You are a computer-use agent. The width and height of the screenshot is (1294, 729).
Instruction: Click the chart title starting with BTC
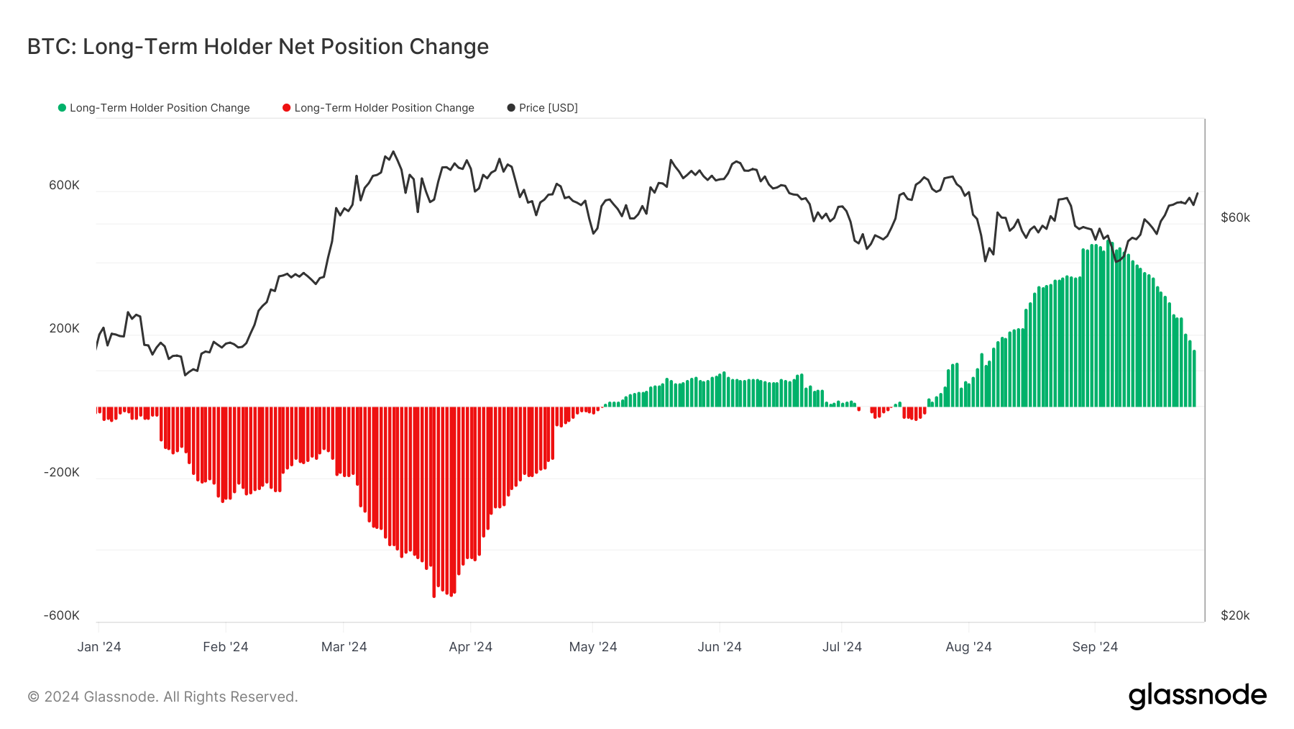(x=257, y=47)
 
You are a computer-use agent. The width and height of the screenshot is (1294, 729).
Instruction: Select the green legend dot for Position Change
(x=63, y=108)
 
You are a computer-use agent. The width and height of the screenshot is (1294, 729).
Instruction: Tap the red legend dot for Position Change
(x=287, y=108)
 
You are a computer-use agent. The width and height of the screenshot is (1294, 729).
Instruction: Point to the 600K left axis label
(x=64, y=185)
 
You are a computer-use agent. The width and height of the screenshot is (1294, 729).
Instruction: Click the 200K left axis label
(x=64, y=328)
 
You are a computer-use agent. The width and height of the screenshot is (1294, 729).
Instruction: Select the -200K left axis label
(x=62, y=472)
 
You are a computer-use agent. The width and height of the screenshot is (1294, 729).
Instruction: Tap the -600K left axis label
(x=62, y=615)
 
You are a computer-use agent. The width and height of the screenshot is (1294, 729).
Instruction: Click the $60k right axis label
(x=1235, y=217)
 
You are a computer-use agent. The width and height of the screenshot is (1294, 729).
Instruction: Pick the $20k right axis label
(x=1235, y=615)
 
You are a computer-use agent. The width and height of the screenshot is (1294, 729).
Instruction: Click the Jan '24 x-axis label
(x=99, y=646)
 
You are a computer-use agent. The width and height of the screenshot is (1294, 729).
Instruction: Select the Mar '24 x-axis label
(x=344, y=646)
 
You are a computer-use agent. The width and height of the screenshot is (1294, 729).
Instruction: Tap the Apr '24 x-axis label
(x=470, y=646)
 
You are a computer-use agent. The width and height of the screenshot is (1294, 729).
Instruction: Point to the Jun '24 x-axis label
(x=719, y=646)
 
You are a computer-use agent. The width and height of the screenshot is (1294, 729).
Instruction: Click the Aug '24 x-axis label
(x=968, y=646)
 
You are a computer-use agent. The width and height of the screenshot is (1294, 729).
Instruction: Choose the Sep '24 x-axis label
(x=1095, y=646)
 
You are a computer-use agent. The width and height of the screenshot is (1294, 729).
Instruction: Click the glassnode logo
(x=1197, y=696)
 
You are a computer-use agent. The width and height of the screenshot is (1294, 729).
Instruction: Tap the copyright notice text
(x=162, y=697)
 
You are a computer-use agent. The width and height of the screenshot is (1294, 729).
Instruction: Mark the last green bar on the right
(x=1194, y=379)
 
